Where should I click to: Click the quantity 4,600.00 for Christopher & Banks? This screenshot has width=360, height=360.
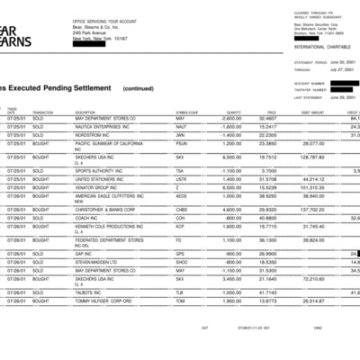point(229,208)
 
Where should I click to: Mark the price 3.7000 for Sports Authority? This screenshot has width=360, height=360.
point(268,169)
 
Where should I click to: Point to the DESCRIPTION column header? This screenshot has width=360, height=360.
point(85,112)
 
